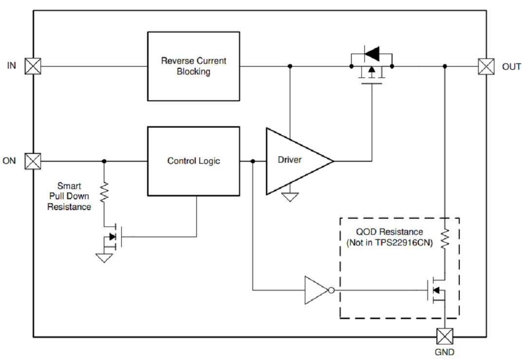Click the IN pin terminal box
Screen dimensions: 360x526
point(33,66)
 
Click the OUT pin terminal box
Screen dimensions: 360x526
point(486,66)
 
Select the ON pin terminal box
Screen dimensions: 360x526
point(33,161)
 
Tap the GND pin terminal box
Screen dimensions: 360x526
point(445,336)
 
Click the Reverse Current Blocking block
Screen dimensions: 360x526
point(193,66)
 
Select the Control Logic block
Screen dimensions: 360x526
point(193,161)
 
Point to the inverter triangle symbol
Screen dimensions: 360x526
point(317,291)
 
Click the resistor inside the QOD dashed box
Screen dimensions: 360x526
point(445,239)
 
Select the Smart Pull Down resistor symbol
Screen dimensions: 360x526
point(104,192)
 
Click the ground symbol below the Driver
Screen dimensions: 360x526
point(290,197)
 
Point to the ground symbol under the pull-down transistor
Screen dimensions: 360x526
point(104,258)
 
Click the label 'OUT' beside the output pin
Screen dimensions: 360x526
point(511,67)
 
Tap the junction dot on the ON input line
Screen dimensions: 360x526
point(104,161)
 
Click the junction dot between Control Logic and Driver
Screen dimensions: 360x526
point(252,161)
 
